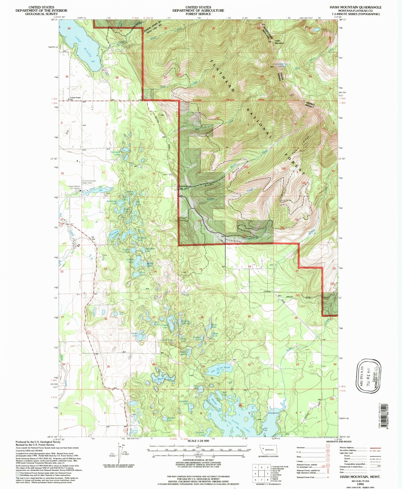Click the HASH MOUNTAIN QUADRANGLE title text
coord(356,7)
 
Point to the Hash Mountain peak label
coord(279,42)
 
